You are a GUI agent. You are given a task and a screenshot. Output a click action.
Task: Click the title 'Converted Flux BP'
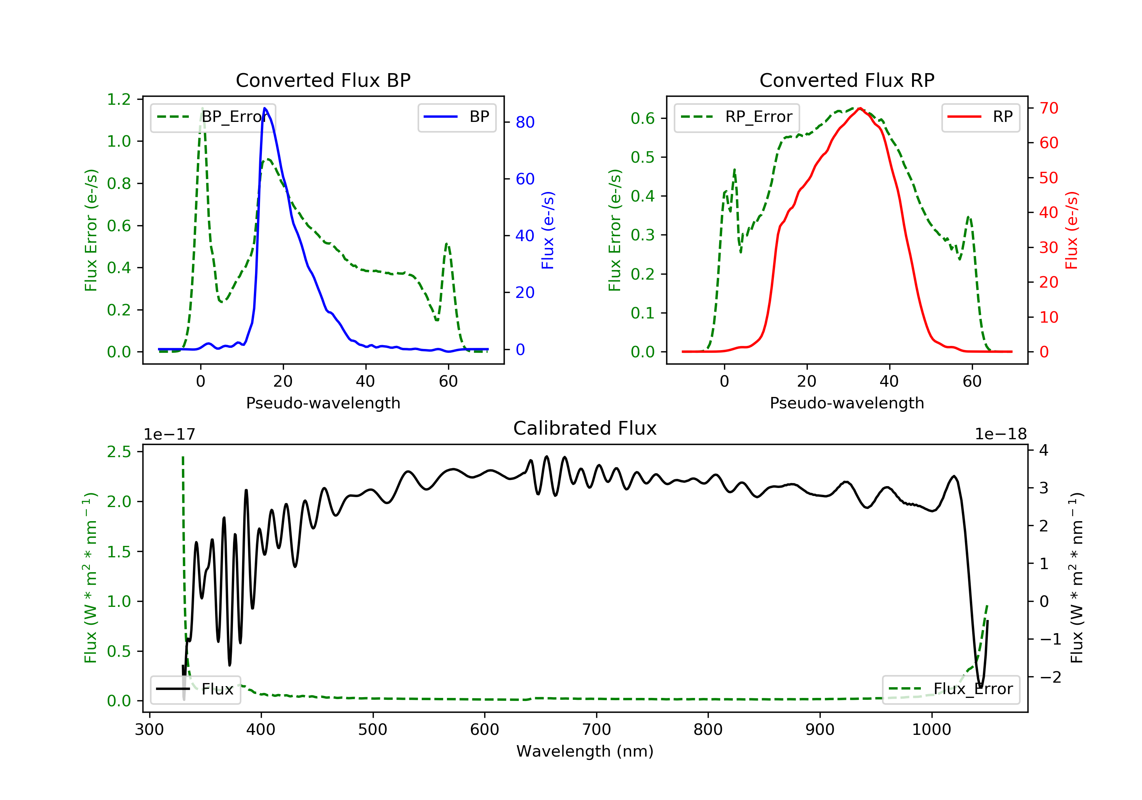click(x=323, y=80)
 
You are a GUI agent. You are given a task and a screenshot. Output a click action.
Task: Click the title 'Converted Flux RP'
click(x=847, y=80)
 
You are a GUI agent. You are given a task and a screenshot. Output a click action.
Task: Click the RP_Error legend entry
click(x=737, y=117)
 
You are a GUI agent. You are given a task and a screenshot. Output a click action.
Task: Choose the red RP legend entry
click(x=980, y=117)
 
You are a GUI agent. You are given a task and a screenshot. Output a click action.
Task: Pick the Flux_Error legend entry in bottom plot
click(x=951, y=689)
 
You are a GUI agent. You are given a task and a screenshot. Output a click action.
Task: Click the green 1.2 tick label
click(x=119, y=99)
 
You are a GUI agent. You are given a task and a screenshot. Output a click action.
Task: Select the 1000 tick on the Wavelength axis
click(x=931, y=730)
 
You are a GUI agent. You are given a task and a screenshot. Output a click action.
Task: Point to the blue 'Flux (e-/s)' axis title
click(x=548, y=230)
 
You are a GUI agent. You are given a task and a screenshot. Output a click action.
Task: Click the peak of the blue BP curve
click(x=265, y=108)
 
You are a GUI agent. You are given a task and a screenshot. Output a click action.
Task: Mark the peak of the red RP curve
click(x=860, y=108)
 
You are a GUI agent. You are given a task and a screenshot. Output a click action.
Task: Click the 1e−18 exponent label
click(x=1000, y=434)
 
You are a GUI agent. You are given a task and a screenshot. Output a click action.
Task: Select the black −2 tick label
click(x=1049, y=677)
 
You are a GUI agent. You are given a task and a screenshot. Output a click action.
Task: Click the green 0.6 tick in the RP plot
click(x=643, y=118)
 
